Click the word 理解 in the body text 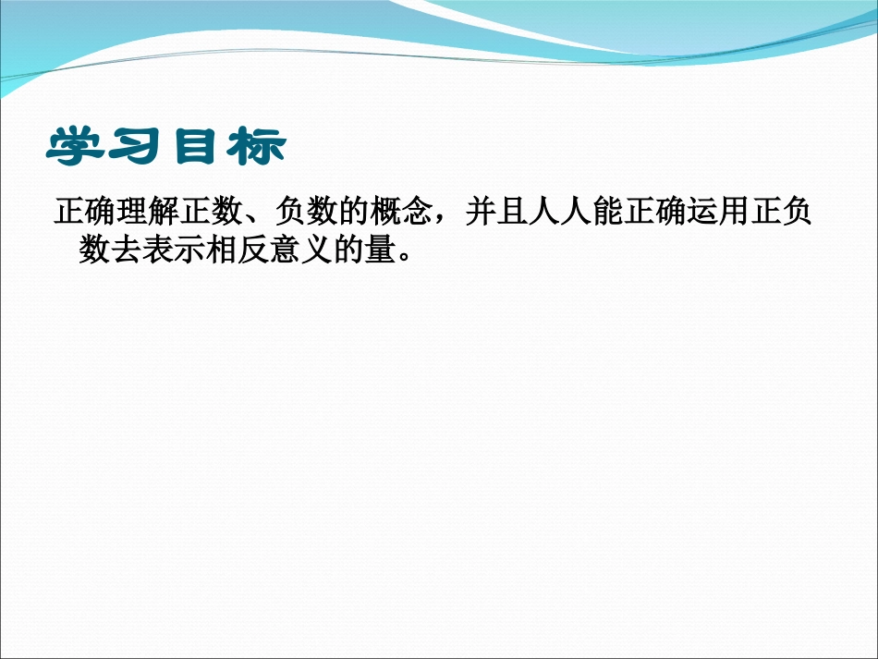tap(148, 214)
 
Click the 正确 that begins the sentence tap(85, 214)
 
